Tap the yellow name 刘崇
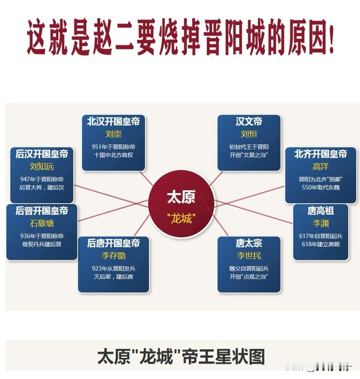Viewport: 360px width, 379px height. click(x=113, y=134)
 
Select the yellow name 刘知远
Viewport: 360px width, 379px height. click(x=42, y=166)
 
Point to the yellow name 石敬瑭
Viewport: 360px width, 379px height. click(x=42, y=223)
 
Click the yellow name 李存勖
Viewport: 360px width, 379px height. click(x=113, y=256)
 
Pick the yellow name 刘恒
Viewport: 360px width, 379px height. click(x=249, y=134)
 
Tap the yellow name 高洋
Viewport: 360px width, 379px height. click(x=320, y=166)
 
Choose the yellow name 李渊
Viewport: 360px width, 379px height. click(x=320, y=223)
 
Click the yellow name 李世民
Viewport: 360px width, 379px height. click(x=249, y=256)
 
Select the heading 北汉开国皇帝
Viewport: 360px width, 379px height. click(x=113, y=122)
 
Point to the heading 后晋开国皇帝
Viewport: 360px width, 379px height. click(x=42, y=211)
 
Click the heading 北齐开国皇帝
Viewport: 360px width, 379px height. click(x=320, y=154)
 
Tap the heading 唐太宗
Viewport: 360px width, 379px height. click(x=249, y=243)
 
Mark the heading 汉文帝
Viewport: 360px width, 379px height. click(x=249, y=122)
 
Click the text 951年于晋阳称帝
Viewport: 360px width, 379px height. click(x=113, y=147)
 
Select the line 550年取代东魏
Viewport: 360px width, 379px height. click(x=320, y=187)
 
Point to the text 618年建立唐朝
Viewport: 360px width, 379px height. click(x=320, y=244)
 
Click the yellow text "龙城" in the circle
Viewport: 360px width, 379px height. click(x=181, y=219)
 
